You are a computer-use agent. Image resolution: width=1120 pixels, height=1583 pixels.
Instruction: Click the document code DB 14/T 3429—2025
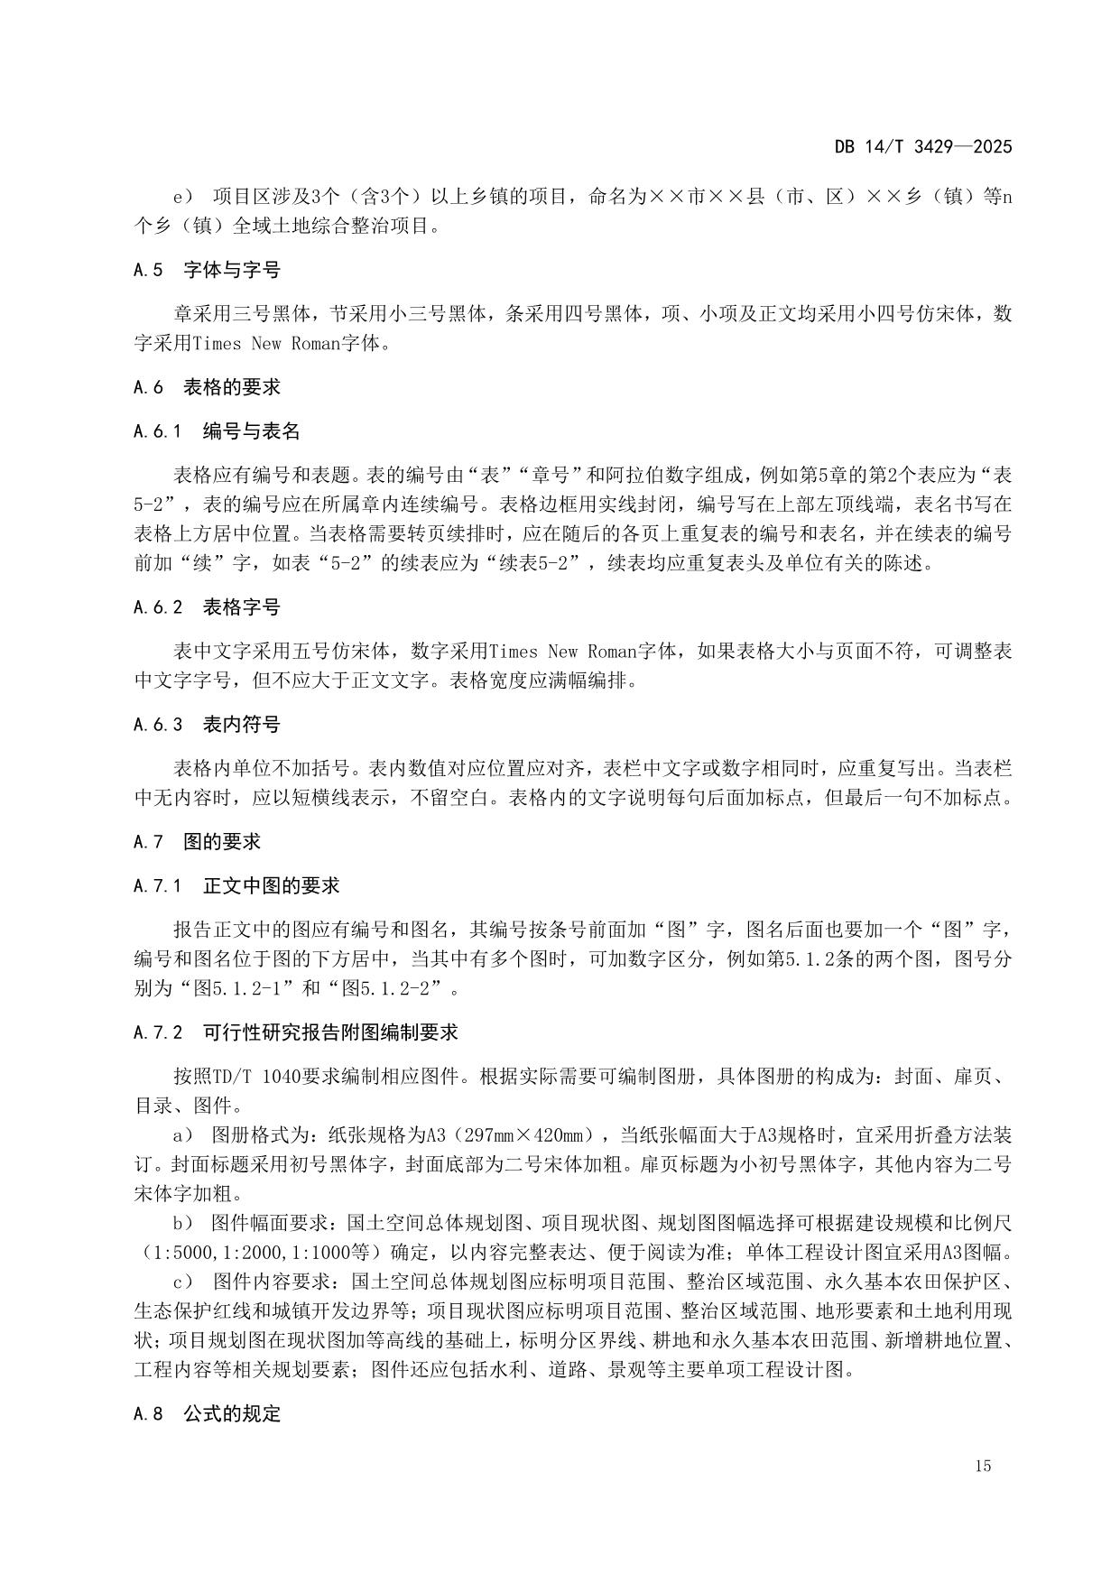[x=922, y=147]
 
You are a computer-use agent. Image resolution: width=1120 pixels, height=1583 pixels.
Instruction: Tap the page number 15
[x=983, y=1466]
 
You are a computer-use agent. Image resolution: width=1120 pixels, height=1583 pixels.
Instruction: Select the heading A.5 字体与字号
[x=207, y=270]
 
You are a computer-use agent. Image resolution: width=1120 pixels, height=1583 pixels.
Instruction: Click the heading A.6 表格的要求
[x=207, y=387]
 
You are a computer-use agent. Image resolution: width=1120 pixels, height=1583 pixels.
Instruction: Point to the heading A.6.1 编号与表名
[x=217, y=431]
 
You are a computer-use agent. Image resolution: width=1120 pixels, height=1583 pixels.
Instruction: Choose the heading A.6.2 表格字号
[x=207, y=607]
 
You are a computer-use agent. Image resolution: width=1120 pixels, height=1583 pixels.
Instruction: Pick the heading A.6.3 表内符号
[x=207, y=725]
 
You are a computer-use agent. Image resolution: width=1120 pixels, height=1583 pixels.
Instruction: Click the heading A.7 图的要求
[x=197, y=842]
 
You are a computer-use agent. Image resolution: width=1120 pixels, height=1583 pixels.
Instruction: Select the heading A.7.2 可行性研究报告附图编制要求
[x=295, y=1032]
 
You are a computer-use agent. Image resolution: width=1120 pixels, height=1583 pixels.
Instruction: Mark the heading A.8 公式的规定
[x=207, y=1414]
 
